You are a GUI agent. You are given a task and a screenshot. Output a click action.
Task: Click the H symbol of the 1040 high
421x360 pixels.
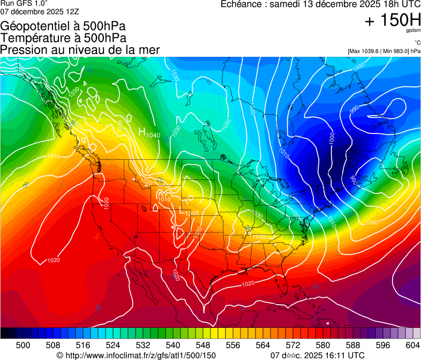click(142, 131)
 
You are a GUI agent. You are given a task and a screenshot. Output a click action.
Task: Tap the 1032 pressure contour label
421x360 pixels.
click(259, 236)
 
